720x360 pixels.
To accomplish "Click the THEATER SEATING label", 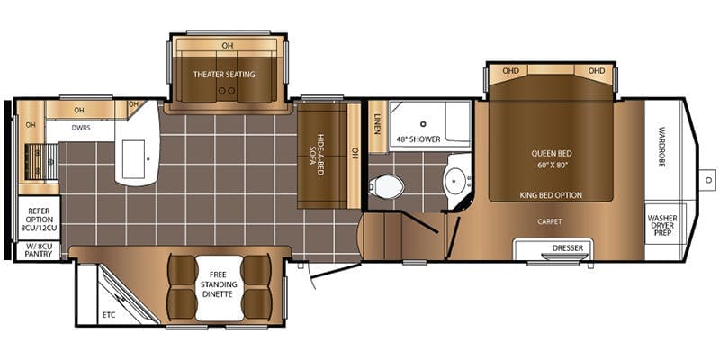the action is (x=224, y=75).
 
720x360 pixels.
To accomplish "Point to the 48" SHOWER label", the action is (x=418, y=139).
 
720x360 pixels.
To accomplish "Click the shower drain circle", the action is (x=423, y=123).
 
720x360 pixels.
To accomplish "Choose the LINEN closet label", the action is (x=377, y=124).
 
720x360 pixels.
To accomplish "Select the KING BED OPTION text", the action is (x=551, y=195).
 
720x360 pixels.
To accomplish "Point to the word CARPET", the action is (x=550, y=221).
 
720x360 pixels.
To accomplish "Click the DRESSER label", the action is (x=568, y=248).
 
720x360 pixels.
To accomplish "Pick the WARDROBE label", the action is (x=661, y=147).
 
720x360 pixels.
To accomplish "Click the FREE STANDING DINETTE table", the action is (x=219, y=288).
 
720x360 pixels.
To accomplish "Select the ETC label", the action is (x=109, y=315).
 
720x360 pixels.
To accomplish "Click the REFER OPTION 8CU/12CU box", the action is (x=39, y=218).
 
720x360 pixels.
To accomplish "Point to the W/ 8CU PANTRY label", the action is (x=39, y=251).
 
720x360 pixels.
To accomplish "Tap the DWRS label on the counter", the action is (x=81, y=129).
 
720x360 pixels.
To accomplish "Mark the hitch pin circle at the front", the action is (x=708, y=179).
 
